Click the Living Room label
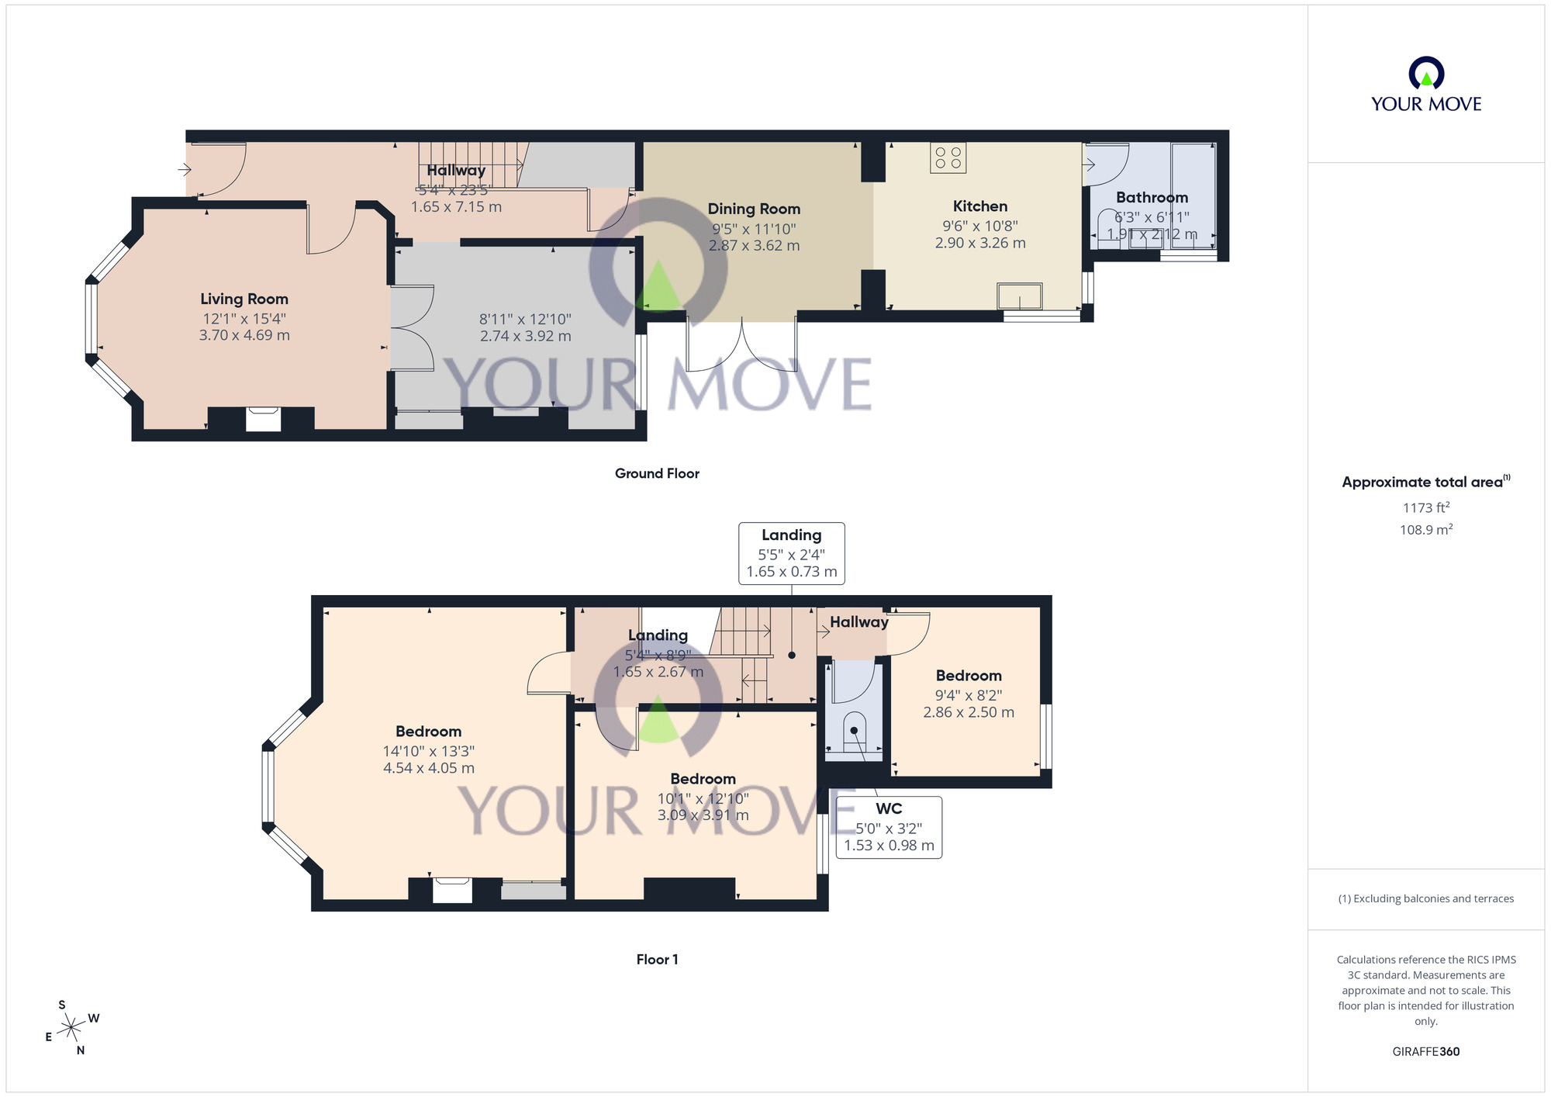click(244, 299)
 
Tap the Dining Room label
click(754, 209)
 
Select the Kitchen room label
click(980, 206)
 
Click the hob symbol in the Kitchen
click(948, 157)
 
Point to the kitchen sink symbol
click(1019, 296)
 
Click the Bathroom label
click(1152, 198)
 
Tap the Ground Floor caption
click(657, 473)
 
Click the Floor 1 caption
click(657, 960)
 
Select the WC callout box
click(889, 827)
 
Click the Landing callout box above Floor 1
click(791, 553)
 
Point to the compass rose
click(71, 1028)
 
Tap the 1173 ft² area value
click(1425, 508)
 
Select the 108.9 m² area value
click(1425, 530)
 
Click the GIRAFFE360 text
click(1425, 1052)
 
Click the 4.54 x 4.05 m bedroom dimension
click(429, 768)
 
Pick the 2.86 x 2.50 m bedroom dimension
click(969, 712)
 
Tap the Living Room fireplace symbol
click(263, 419)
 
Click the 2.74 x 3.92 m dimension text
click(525, 336)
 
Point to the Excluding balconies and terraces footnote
click(1425, 898)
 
